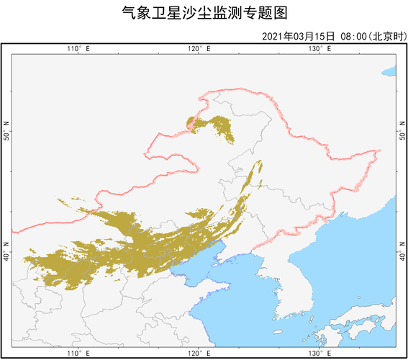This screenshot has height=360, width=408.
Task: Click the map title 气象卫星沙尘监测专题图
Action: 204,13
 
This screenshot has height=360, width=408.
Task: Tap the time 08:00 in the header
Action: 354,36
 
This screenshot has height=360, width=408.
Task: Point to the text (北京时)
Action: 386,36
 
